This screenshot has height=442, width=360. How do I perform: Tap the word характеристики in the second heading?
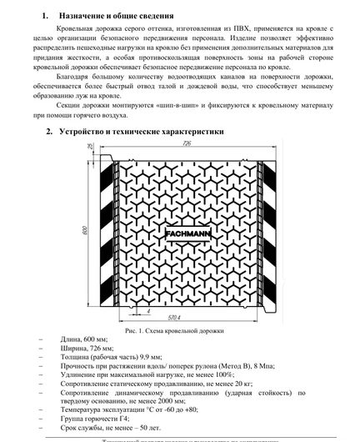pyautogui.click(x=183, y=132)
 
